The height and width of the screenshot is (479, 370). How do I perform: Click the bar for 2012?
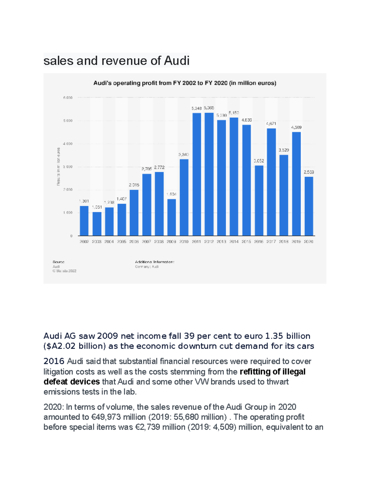point(209,174)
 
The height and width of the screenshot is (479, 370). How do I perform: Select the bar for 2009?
point(171,217)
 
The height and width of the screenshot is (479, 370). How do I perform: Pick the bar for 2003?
point(97,224)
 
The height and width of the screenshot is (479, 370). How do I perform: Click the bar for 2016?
point(259,200)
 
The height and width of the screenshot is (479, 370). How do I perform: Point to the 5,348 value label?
point(196,108)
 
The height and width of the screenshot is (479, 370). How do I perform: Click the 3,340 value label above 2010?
point(184,155)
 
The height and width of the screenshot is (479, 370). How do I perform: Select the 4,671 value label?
point(271,124)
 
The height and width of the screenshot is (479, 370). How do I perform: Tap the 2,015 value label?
point(134,185)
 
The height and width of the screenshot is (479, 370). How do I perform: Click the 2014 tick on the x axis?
point(234,242)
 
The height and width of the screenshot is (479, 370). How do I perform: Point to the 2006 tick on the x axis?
point(134,242)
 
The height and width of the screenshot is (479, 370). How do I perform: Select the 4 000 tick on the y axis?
point(68,144)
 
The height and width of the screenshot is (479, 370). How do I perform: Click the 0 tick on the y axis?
point(71,236)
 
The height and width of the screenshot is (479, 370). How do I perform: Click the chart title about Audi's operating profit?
point(185,83)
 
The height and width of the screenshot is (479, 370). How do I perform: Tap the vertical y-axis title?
point(58,167)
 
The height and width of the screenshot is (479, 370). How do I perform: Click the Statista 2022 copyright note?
point(64,271)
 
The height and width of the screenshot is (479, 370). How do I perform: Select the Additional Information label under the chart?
point(154,262)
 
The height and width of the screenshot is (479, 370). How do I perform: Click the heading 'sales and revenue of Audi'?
point(117,60)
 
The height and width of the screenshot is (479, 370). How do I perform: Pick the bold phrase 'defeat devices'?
point(72,382)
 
